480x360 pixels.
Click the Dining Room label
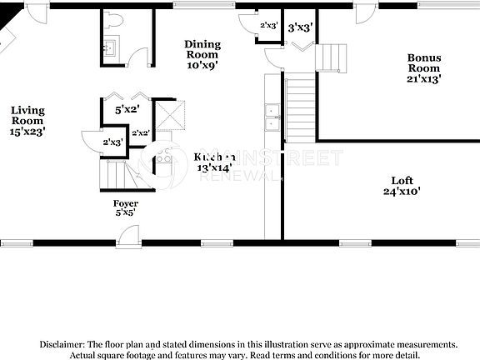pyautogui.click(x=202, y=49)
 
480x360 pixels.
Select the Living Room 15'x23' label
pyautogui.click(x=27, y=120)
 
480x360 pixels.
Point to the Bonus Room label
pyautogui.click(x=423, y=68)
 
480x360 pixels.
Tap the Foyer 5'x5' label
pyautogui.click(x=126, y=207)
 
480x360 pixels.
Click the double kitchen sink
pyautogui.click(x=272, y=117)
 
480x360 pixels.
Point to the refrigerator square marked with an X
pyautogui.click(x=170, y=114)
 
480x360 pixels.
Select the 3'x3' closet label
pyautogui.click(x=300, y=27)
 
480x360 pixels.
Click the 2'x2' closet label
pyautogui.click(x=140, y=132)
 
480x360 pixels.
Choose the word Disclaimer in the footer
pyautogui.click(x=60, y=343)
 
